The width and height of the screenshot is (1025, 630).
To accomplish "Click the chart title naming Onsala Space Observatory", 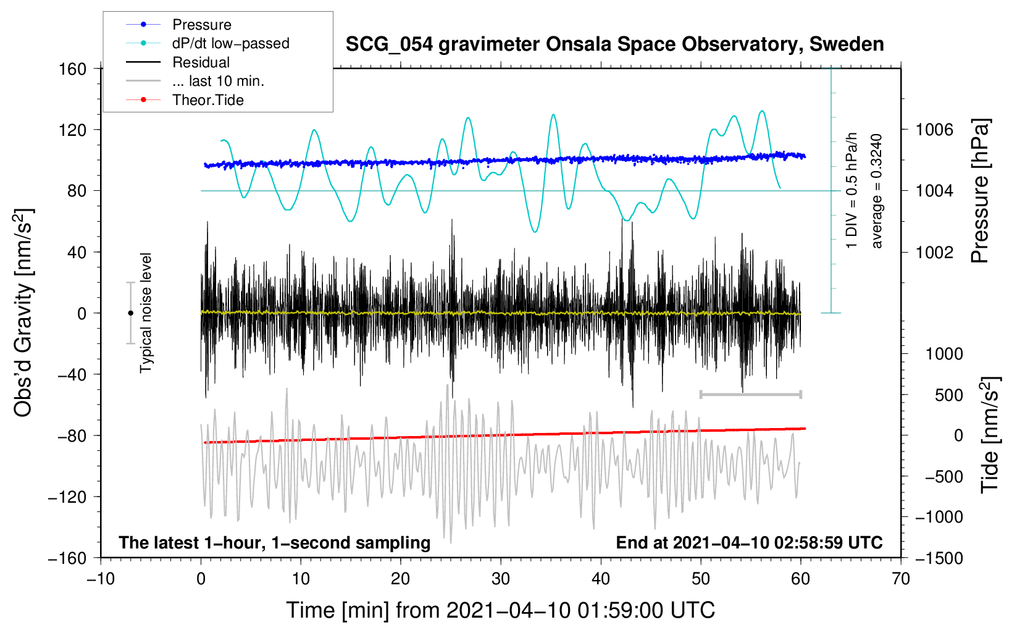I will coord(614,44).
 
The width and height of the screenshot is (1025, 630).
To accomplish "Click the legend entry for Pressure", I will coord(201,25).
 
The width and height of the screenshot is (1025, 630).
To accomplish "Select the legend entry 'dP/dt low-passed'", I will coord(230,43).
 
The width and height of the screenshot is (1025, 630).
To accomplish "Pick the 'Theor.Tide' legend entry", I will coord(207,100).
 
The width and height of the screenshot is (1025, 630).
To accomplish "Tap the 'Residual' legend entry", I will coord(201,62).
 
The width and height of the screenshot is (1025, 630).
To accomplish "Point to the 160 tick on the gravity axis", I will coord(73,69).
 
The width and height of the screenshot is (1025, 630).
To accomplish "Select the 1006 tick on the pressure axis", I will coord(934,130).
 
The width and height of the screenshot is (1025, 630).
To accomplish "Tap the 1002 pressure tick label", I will coord(934,252).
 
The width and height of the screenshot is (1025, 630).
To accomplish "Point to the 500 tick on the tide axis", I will coord(948,395).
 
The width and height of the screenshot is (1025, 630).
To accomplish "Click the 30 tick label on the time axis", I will coord(501,579).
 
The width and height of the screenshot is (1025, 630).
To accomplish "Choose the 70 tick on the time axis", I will coord(901,579).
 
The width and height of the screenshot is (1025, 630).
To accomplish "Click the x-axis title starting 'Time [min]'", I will coord(500,610).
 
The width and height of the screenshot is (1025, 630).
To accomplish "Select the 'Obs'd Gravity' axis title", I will coord(23,313).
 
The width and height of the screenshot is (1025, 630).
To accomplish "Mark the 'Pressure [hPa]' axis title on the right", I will coord(980,191).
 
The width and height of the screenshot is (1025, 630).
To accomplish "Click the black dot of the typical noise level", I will coord(130,313).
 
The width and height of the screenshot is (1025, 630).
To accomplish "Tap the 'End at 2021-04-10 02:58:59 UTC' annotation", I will coord(749,542).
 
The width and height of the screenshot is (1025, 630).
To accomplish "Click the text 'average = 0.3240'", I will coord(877,191).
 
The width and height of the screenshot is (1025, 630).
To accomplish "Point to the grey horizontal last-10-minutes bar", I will coord(750,394).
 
